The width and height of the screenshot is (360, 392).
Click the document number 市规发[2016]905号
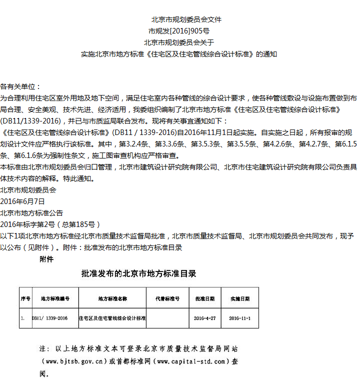pyautogui.click(x=179, y=31)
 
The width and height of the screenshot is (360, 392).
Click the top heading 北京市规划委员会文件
pyautogui.click(x=179, y=20)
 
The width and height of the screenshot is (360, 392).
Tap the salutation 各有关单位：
pyautogui.click(x=21, y=86)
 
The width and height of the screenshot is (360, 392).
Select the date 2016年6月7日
pyautogui.click(x=22, y=201)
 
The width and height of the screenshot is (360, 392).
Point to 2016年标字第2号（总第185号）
pyautogui.click(x=50, y=224)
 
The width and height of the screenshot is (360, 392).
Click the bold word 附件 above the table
pyautogui.click(x=46, y=259)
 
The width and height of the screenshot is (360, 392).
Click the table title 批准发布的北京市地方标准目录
pyautogui.click(x=138, y=274)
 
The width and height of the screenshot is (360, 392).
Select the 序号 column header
pyautogui.click(x=25, y=298)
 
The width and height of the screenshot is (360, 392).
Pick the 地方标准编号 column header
pyautogui.click(x=55, y=298)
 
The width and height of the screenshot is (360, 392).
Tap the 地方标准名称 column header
pyautogui.click(x=113, y=298)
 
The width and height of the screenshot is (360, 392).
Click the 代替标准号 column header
pyautogui.click(x=167, y=298)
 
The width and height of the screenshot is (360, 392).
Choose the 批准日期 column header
pyautogui.click(x=205, y=298)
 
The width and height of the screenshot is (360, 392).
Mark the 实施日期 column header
pyautogui.click(x=240, y=298)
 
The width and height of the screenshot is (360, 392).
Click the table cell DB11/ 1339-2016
pyautogui.click(x=50, y=318)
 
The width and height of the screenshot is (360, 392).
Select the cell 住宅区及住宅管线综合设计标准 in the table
pyautogui.click(x=112, y=318)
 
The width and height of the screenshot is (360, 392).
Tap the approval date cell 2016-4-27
pyautogui.click(x=205, y=318)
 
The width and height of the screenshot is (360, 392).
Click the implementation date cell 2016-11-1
pyautogui.click(x=240, y=318)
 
